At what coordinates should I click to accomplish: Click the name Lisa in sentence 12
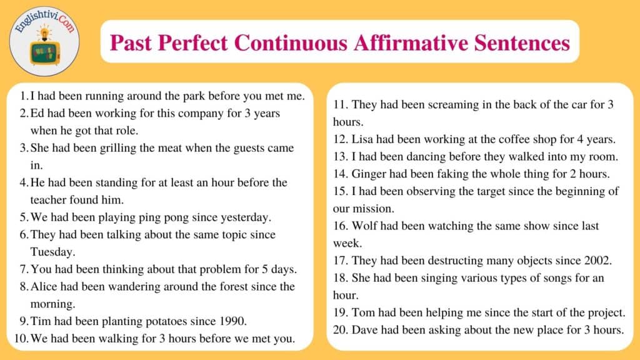(x=362, y=139)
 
